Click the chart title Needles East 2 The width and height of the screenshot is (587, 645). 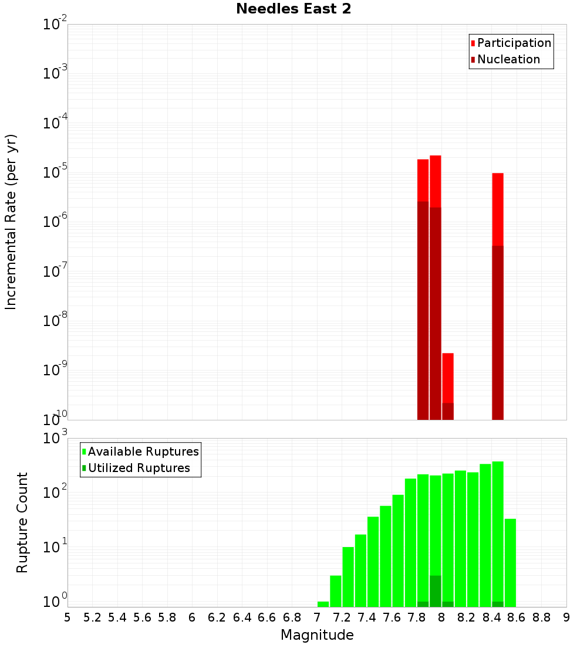(x=293, y=9)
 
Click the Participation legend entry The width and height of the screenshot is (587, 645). (x=514, y=43)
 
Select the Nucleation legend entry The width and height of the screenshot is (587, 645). (x=508, y=59)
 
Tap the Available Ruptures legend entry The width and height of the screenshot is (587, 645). (x=143, y=451)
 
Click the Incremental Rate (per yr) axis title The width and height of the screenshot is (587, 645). (x=11, y=222)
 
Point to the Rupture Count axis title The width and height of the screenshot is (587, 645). (x=22, y=522)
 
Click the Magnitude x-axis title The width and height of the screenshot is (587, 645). (x=317, y=635)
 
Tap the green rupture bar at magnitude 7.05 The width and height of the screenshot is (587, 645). (x=323, y=604)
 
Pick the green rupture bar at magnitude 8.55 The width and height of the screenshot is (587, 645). (x=510, y=563)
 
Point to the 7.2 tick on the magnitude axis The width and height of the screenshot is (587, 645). (x=342, y=617)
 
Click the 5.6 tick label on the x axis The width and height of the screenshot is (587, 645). (x=142, y=617)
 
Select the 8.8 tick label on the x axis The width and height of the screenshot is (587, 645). (x=541, y=617)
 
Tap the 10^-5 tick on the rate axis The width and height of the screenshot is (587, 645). (x=55, y=173)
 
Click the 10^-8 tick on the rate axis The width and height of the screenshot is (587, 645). (x=55, y=321)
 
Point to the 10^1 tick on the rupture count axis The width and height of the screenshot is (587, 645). (x=55, y=548)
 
